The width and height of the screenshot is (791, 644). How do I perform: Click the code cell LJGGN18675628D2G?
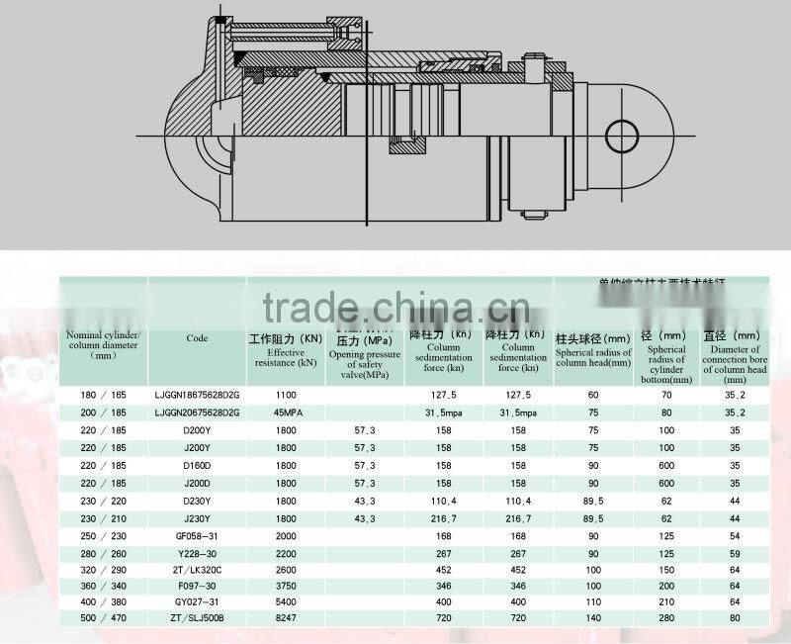point(197,395)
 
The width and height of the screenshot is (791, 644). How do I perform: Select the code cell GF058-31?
point(197,536)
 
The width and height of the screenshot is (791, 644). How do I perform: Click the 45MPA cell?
point(286,413)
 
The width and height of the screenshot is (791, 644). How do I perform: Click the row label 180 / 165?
point(104,395)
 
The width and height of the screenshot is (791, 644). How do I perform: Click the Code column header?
point(197,338)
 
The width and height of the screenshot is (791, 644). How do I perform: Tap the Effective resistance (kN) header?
point(286,351)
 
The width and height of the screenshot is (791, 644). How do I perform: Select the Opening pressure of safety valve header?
point(365,355)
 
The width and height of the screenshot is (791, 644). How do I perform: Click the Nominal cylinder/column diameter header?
point(104,344)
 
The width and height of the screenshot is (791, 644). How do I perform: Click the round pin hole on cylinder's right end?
point(625,136)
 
